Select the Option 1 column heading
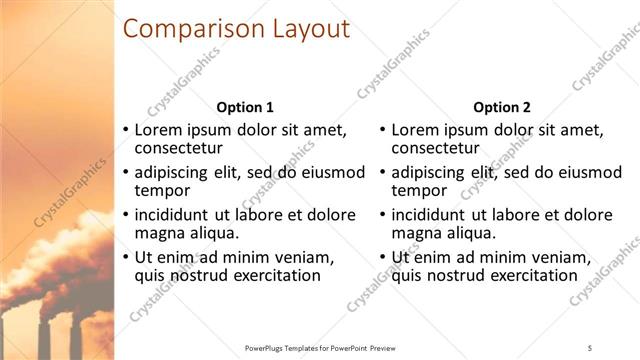(x=245, y=107)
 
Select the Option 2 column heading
(x=502, y=107)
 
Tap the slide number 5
(x=591, y=346)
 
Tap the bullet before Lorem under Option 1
(x=125, y=130)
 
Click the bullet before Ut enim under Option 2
(x=382, y=257)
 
